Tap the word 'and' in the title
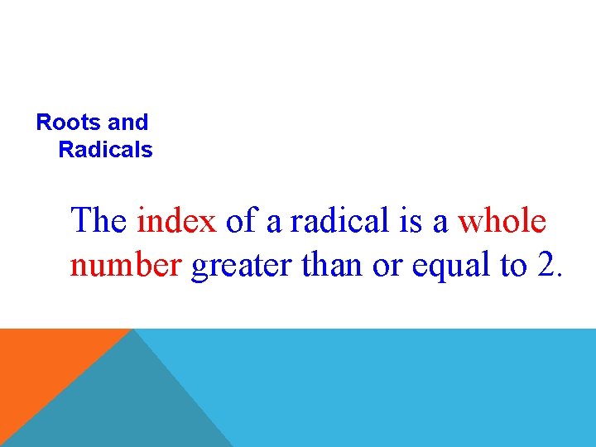127,123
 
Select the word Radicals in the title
106,150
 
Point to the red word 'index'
176,221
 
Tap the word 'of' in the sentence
241,221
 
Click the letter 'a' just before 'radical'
273,223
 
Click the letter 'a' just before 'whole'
441,223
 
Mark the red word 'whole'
502,221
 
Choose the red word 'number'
126,266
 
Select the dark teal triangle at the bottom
124,406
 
